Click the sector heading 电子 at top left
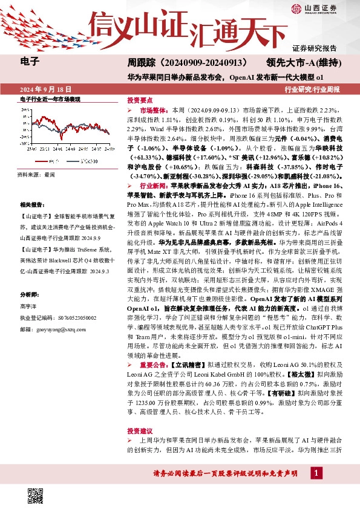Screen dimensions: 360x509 click(30, 60)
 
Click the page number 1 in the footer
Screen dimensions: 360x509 click(316, 488)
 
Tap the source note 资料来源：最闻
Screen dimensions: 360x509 click(36, 174)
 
